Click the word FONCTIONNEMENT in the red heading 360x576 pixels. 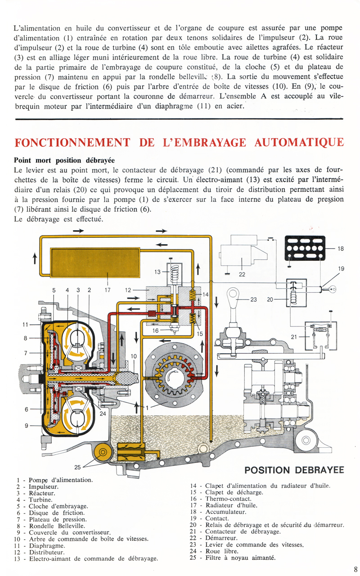[72, 143]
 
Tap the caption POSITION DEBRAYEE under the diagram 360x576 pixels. [294, 470]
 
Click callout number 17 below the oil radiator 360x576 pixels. [107, 290]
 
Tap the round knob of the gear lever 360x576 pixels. [233, 295]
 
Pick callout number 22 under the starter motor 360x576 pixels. [242, 273]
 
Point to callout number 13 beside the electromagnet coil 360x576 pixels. [157, 272]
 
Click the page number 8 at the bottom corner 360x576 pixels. [355, 568]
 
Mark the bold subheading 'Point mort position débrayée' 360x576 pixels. [64, 160]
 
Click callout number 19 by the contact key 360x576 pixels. [341, 269]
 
